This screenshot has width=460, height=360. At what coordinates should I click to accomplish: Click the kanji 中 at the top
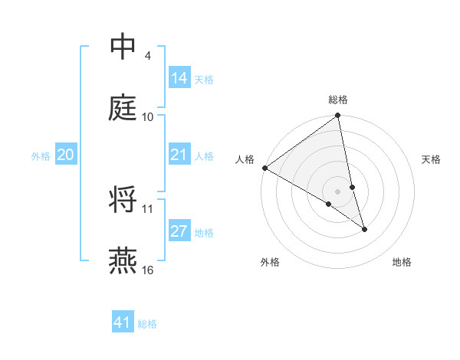pyautogui.click(x=123, y=48)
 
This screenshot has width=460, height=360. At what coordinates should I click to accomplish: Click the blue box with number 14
pyautogui.click(x=179, y=78)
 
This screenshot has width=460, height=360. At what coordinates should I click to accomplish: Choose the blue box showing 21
pyautogui.click(x=179, y=155)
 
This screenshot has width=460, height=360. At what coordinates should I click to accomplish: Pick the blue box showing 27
pyautogui.click(x=179, y=232)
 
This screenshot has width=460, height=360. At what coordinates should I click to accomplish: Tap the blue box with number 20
pyautogui.click(x=66, y=155)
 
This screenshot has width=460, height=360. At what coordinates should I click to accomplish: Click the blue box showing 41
pyautogui.click(x=123, y=322)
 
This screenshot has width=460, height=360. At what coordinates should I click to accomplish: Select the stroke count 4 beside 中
pyautogui.click(x=147, y=56)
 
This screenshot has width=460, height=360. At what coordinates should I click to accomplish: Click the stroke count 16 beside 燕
pyautogui.click(x=149, y=270)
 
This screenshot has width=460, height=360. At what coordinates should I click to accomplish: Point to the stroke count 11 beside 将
pyautogui.click(x=148, y=208)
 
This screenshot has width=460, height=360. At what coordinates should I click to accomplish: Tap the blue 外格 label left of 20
pyautogui.click(x=41, y=156)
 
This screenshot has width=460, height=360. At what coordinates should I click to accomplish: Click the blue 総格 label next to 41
pyautogui.click(x=147, y=324)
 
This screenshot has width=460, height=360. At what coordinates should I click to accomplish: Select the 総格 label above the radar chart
pyautogui.click(x=338, y=100)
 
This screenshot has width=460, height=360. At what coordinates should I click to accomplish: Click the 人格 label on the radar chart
pyautogui.click(x=245, y=159)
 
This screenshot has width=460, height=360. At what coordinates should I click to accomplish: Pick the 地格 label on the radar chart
pyautogui.click(x=402, y=262)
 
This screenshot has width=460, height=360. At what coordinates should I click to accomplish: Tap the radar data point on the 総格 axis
pyautogui.click(x=337, y=116)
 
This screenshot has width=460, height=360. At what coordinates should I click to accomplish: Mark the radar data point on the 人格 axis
pyautogui.click(x=264, y=168)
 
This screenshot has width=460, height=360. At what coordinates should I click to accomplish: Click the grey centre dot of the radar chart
pyautogui.click(x=337, y=191)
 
